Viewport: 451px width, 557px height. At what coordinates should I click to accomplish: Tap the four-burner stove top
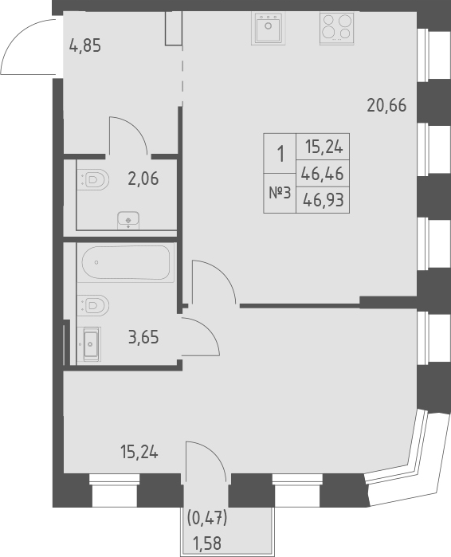click(x=335, y=29)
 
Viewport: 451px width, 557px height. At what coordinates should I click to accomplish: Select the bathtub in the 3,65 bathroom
click(x=125, y=263)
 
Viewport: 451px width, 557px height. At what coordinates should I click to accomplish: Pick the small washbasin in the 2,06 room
click(x=127, y=219)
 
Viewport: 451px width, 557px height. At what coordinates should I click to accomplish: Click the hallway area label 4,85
click(x=86, y=45)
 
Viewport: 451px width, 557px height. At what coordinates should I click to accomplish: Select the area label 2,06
click(x=143, y=178)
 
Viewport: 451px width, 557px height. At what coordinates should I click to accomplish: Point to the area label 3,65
click(x=143, y=337)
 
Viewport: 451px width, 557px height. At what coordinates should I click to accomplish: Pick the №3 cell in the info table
click(x=278, y=193)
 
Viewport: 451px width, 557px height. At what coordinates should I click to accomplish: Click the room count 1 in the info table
click(x=279, y=153)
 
